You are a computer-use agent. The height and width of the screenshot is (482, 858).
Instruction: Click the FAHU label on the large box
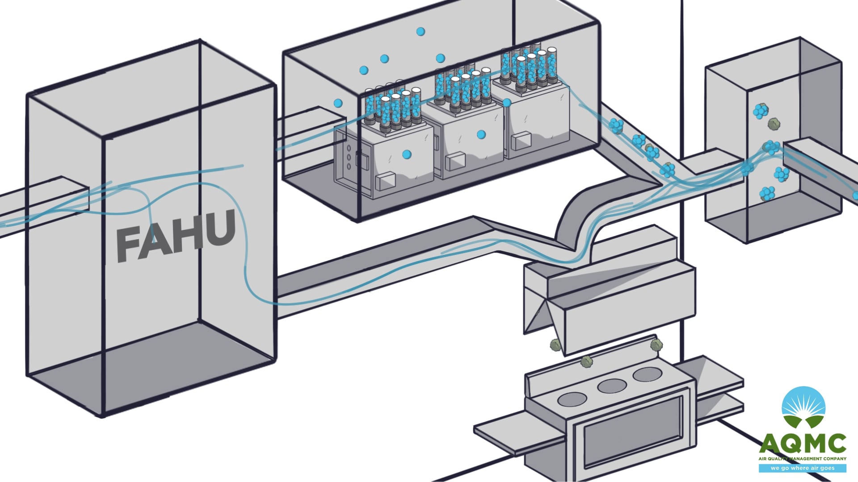[176, 236]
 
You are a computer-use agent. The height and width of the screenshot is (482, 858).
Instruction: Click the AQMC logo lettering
[803, 444]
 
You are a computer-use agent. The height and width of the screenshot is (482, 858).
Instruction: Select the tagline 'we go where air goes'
[803, 468]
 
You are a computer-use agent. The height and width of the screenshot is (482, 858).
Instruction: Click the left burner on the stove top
[572, 399]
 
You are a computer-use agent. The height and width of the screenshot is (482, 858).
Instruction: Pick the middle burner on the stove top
[612, 386]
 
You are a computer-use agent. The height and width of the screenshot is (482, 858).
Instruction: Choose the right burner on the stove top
[647, 374]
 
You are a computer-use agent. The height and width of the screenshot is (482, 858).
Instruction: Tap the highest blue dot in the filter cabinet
[421, 31]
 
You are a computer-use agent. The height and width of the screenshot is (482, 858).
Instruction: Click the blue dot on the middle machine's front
[481, 134]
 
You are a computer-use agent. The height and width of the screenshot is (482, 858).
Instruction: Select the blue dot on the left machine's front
[407, 154]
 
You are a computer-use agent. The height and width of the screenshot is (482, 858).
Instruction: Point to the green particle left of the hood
[555, 345]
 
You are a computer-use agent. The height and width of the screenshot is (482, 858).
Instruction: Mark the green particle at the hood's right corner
[656, 345]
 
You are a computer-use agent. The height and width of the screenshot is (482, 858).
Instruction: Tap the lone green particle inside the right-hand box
[774, 124]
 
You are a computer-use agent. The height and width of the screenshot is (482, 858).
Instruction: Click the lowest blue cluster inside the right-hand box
[768, 193]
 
